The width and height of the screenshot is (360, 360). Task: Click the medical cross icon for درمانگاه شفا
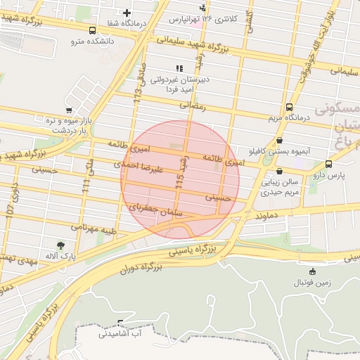click(127, 12)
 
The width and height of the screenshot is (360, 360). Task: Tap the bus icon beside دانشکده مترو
click(93, 30)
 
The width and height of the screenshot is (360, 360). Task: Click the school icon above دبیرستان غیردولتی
click(179, 68)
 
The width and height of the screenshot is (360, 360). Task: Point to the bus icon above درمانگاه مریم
click(290, 107)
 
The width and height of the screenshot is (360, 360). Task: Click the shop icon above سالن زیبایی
click(280, 170)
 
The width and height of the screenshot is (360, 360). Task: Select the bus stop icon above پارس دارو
click(328, 164)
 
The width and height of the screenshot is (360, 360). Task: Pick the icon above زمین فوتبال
click(313, 271)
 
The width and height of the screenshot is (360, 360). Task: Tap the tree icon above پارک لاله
click(61, 245)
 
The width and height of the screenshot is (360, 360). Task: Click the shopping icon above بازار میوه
click(68, 110)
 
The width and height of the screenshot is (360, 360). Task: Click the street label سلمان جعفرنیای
click(156, 209)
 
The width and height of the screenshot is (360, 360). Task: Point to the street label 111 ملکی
click(87, 178)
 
